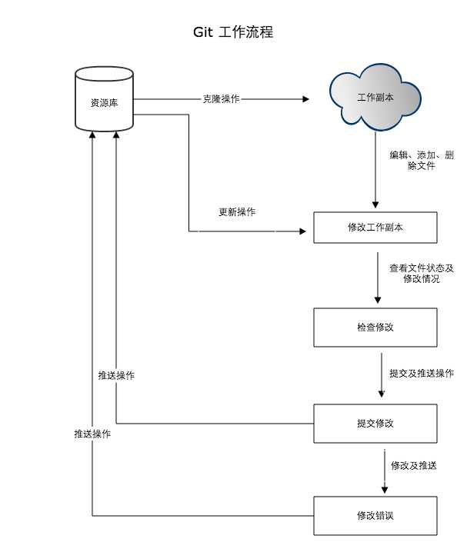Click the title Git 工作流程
point(233,32)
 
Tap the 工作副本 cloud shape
point(375,98)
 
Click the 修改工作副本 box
point(375,228)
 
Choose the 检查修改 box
point(375,327)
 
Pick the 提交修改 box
point(375,423)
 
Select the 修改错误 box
point(375,515)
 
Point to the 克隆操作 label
point(221,99)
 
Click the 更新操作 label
point(237,212)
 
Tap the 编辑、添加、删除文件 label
point(421,160)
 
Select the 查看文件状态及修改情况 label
point(421,274)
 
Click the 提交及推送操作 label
point(421,374)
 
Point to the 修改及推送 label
point(414,465)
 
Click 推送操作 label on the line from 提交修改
point(116,375)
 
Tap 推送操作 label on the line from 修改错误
point(92,434)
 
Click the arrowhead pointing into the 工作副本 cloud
point(305,99)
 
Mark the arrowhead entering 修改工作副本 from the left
point(302,231)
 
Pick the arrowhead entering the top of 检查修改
point(377,301)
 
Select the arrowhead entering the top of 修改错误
point(384,489)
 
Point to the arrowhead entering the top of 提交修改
point(382,395)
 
